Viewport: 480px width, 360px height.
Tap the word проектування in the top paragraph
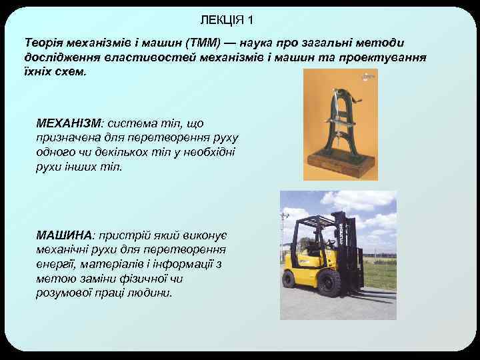coord(389,57)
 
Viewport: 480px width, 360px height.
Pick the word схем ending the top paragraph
coord(68,71)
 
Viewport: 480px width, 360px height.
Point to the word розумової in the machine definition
coord(64,293)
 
